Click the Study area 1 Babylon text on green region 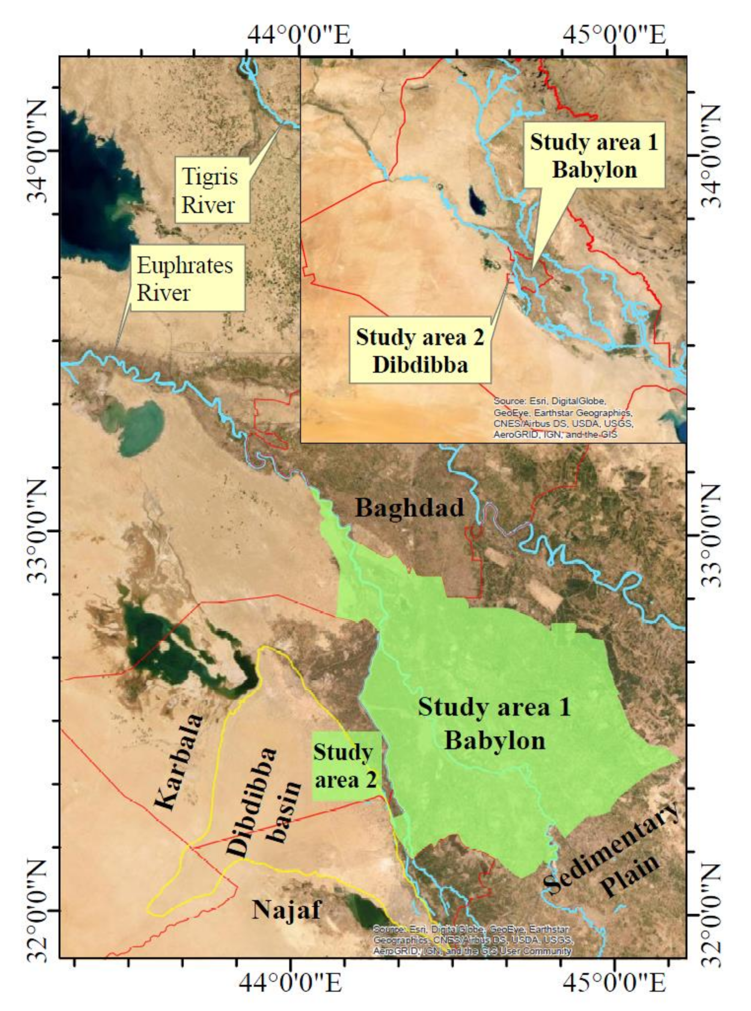coord(495,724)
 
